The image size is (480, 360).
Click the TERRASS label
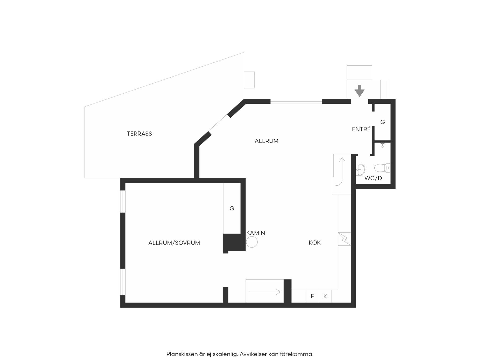coord(139,134)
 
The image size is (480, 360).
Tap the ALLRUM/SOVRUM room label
coord(174,243)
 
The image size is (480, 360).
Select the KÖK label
coord(315,242)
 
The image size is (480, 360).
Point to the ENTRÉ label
coord(361,129)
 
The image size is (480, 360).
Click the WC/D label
coord(373,178)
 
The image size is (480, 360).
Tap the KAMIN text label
coord(256,233)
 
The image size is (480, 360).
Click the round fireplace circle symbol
coord(252,242)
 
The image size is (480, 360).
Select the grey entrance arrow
coord(359,91)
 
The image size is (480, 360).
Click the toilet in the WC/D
coord(382,168)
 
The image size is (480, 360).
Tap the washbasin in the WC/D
coord(361,169)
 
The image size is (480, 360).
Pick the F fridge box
coord(312,296)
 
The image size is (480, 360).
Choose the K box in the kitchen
coord(325,296)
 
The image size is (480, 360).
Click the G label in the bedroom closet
coord(232,208)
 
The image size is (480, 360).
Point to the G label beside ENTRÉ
coord(383,122)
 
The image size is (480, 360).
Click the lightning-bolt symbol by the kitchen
coord(344,239)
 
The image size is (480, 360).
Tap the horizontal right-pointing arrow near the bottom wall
coord(265,292)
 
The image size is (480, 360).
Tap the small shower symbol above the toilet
coord(382,145)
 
